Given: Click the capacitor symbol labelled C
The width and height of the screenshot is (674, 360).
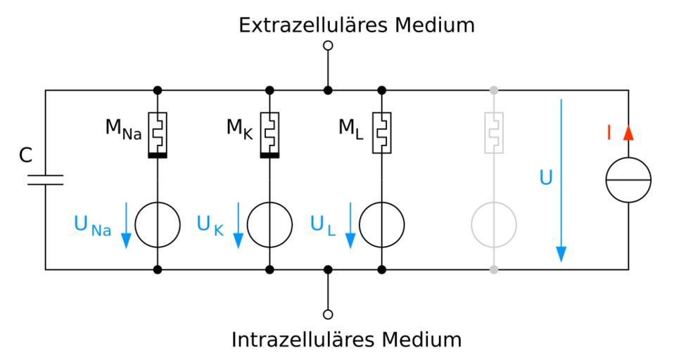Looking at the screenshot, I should (46, 179).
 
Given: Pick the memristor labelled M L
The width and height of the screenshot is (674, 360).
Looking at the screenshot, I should (382, 132).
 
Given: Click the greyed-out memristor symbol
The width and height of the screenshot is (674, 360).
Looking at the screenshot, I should (494, 132).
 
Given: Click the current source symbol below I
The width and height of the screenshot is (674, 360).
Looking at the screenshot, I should (629, 180).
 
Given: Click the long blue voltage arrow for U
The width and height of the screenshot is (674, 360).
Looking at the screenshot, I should (561, 180).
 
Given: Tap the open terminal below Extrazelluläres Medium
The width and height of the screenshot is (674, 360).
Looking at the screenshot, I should (327, 46).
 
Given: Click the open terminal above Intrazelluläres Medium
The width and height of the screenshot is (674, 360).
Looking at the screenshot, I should (327, 314).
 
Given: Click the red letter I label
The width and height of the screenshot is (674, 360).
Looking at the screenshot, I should (609, 131).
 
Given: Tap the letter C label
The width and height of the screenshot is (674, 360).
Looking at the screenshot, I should (25, 156).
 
